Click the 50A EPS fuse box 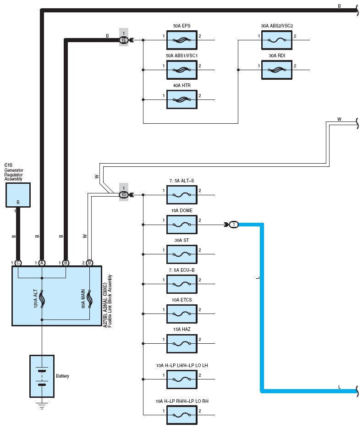coord(181,40)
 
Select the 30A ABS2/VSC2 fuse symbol coord(276,40)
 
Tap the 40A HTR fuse coord(181,99)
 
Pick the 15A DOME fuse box coord(181,225)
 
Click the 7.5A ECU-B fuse coord(181,284)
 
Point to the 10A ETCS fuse coord(181,314)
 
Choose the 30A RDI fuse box coord(276,70)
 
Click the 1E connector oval coord(124,40)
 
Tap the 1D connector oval coord(124,195)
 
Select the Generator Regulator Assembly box coord(18,195)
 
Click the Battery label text coord(62,376)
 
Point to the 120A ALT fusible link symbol coord(42,298)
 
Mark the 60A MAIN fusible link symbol coord(89,298)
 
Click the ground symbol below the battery coord(42,406)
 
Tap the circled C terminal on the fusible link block coord(18,263)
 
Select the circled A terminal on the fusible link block coord(42,263)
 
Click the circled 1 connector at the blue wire coord(234,225)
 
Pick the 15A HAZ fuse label coord(181,330)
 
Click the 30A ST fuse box coord(181,254)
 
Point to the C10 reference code coord(8,165)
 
